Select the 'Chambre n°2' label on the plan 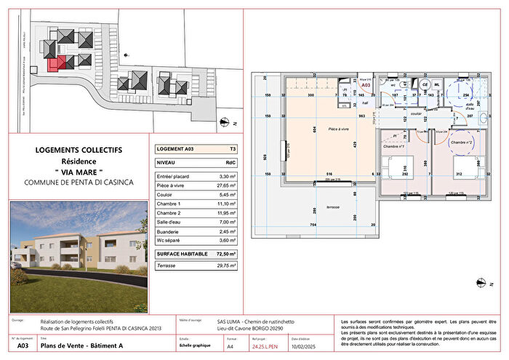(462, 143)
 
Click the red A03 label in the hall (366, 84)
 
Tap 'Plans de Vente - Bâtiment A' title (80, 347)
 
